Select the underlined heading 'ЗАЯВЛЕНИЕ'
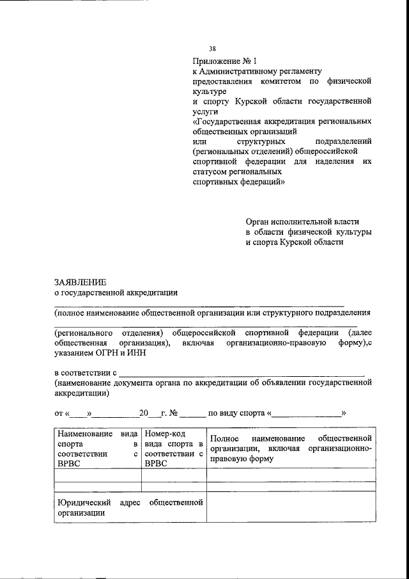[x=81, y=282]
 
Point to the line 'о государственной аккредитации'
[x=116, y=293]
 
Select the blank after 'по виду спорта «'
[x=307, y=413]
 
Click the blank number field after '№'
[x=192, y=413]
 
